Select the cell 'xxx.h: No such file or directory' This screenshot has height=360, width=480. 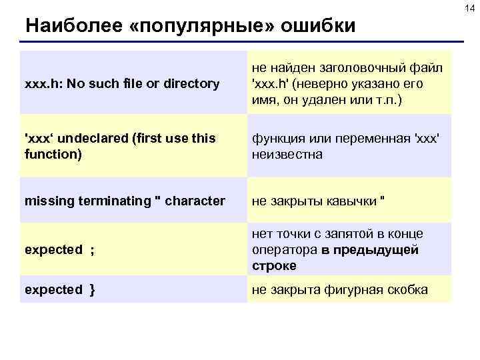point(122,83)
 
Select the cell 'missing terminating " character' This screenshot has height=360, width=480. point(125,201)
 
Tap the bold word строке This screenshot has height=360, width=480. point(274,266)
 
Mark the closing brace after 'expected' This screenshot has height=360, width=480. point(91,289)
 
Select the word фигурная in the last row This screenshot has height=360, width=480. point(352,289)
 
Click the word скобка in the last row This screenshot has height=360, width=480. point(407,289)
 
